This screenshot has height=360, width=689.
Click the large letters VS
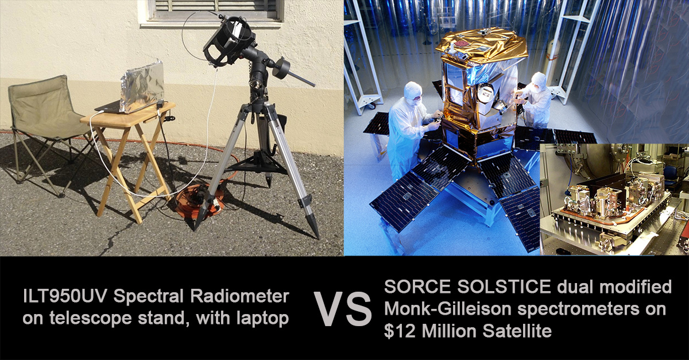[342, 309]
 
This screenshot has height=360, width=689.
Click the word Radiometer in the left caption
[240, 296]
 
